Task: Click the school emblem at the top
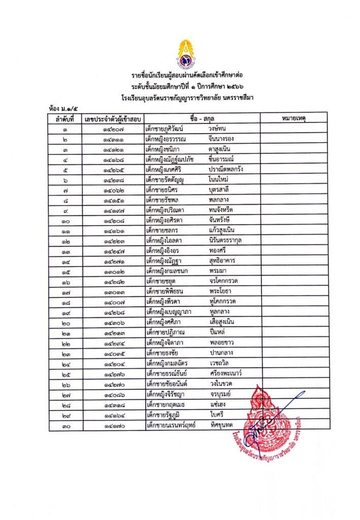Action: (x=183, y=53)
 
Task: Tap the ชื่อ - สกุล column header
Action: (x=202, y=118)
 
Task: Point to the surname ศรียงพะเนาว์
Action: (x=226, y=373)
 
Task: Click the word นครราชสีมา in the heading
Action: (x=241, y=96)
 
